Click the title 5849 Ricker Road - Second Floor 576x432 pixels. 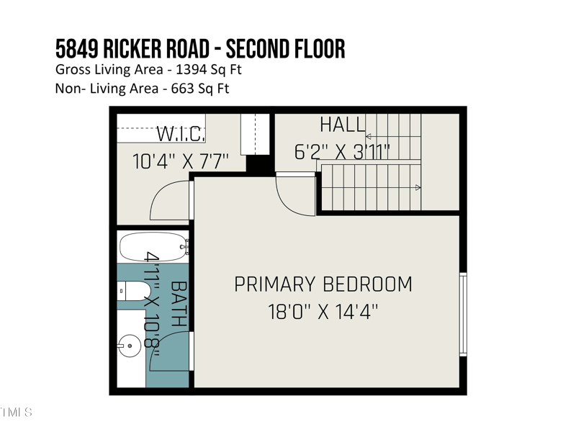(200, 49)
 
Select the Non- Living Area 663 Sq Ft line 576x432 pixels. (142, 89)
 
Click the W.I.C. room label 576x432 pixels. (181, 134)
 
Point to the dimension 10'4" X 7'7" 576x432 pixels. (180, 161)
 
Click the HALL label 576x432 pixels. (343, 125)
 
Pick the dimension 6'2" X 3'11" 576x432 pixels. (342, 152)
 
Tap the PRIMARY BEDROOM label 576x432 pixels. (323, 284)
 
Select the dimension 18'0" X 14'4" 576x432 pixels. (323, 312)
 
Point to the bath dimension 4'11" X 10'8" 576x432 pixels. (152, 300)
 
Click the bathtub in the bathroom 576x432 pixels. (152, 247)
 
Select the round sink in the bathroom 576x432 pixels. (130, 346)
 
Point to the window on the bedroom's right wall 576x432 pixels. (463, 315)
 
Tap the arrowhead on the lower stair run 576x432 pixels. (418, 188)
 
